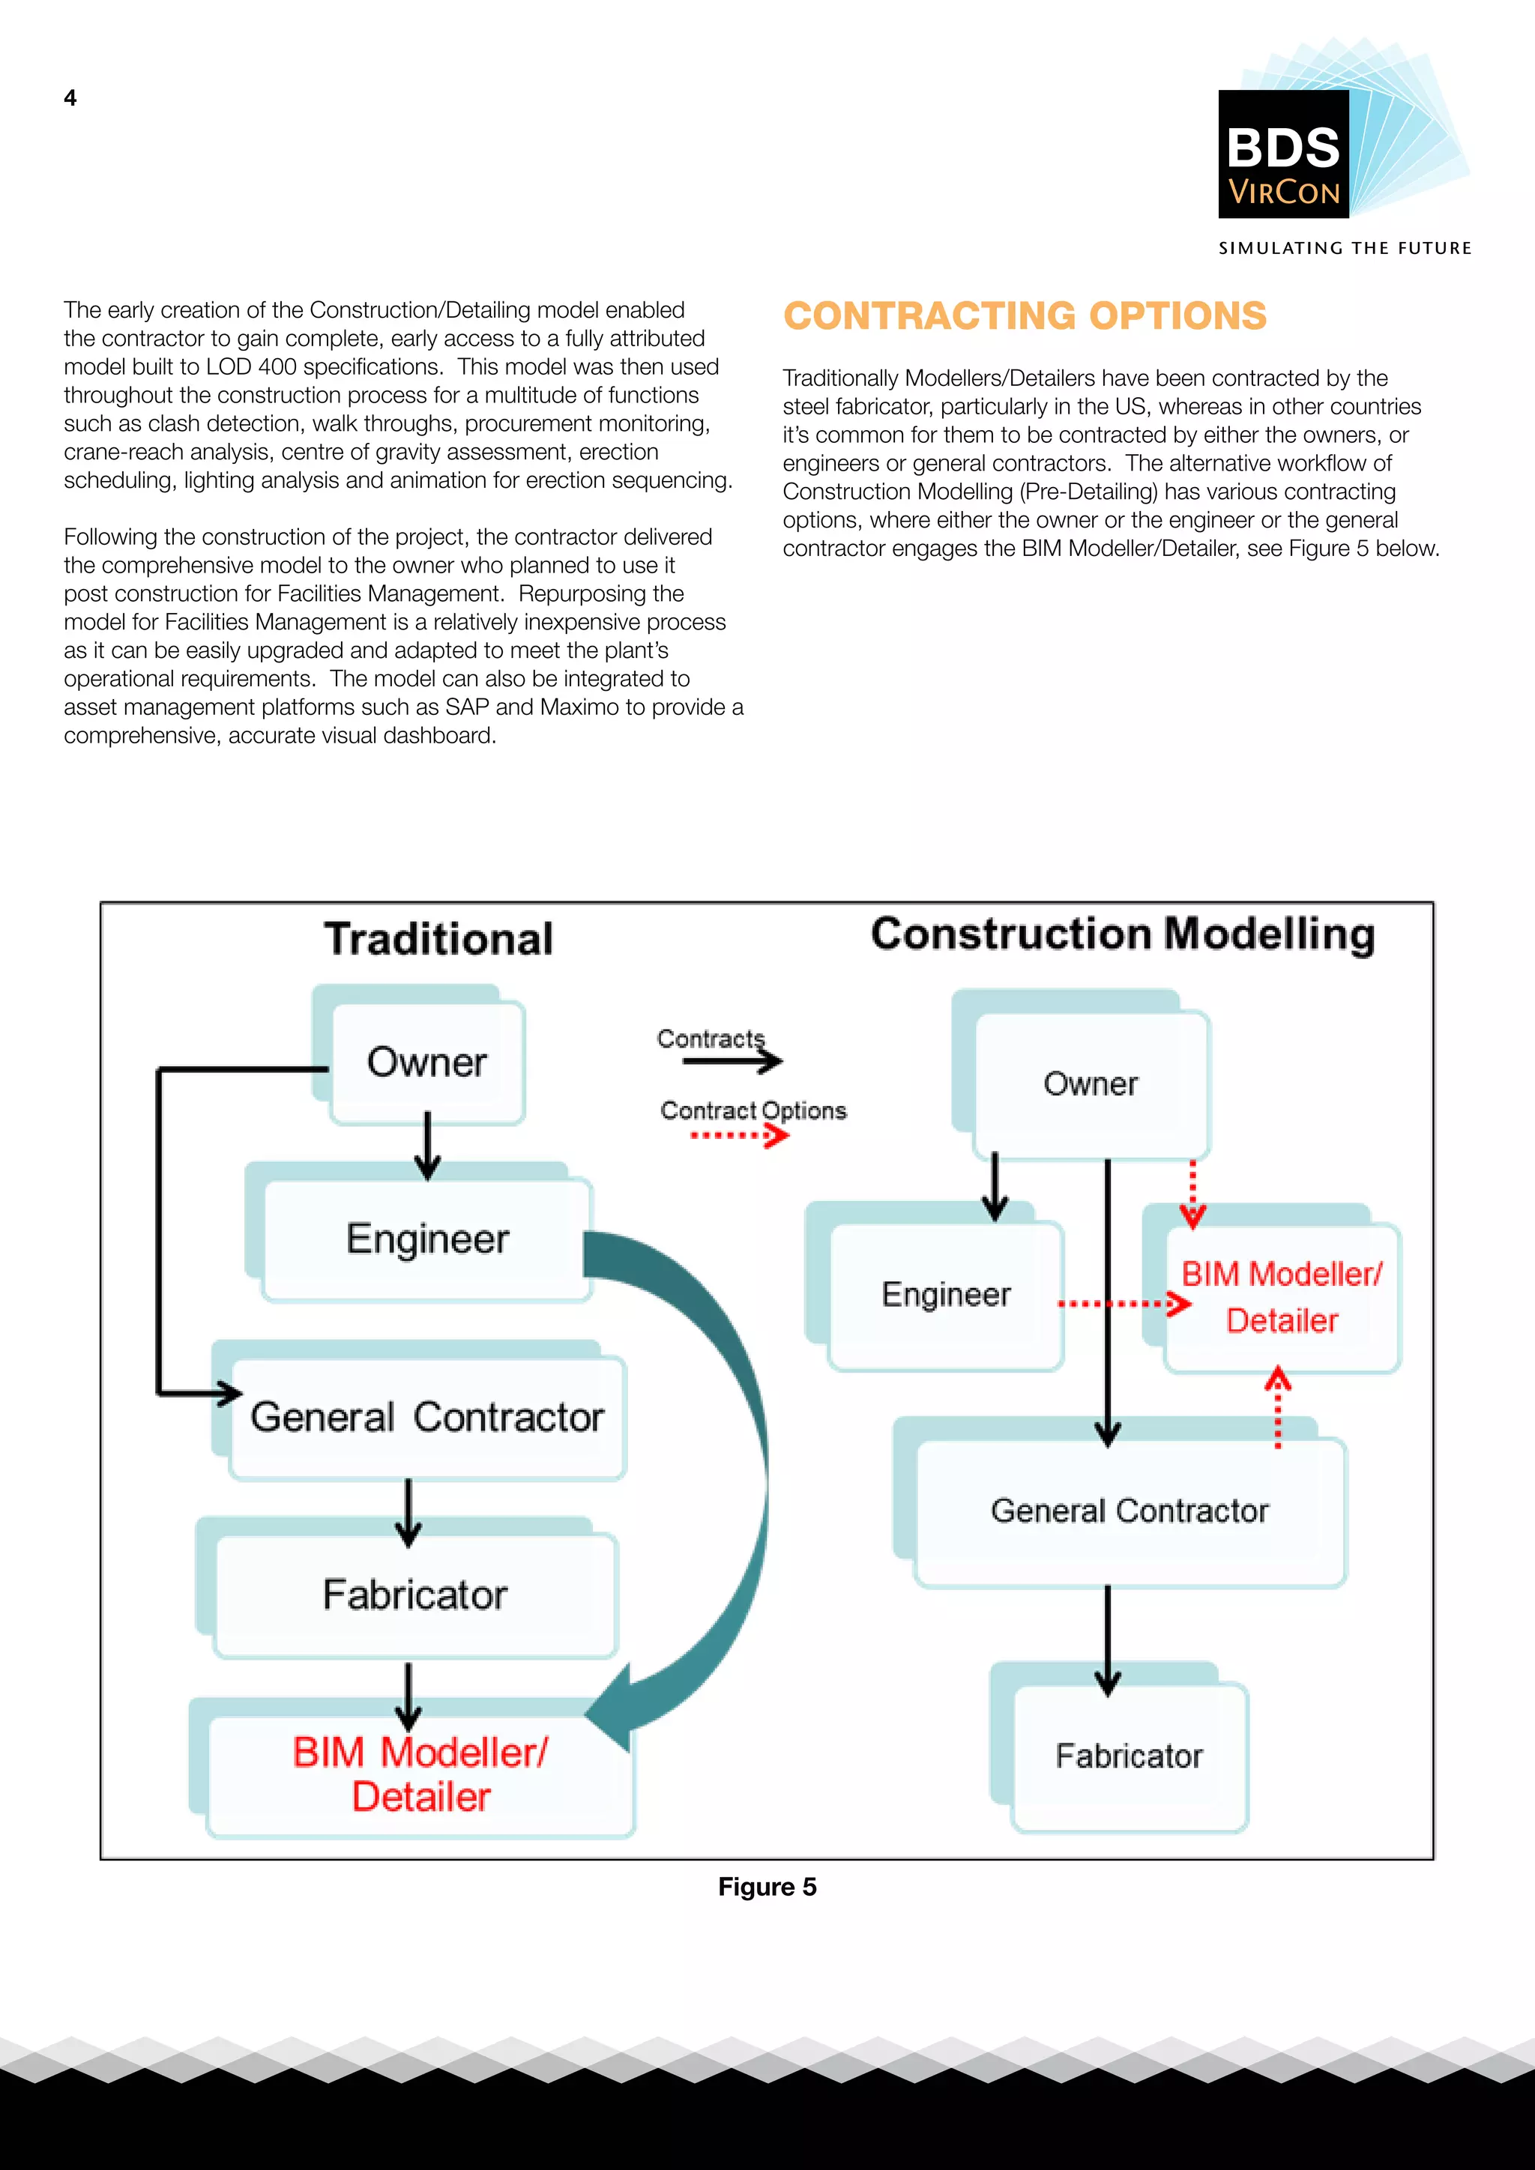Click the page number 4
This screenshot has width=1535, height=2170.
pos(70,98)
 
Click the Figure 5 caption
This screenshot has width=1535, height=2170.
pos(767,1887)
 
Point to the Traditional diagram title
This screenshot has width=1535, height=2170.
pos(438,938)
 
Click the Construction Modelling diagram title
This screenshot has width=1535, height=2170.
pos(1122,934)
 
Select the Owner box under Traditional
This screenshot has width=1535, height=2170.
pos(427,1063)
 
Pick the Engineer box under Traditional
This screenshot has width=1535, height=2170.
pos(427,1239)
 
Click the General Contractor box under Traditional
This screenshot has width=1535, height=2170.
pos(427,1417)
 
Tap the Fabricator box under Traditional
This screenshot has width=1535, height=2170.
pos(416,1595)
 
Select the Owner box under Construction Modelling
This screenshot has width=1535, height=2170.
pos(1091,1083)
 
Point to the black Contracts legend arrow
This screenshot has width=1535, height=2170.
pos(732,1061)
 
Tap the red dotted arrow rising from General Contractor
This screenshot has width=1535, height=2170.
pos(1278,1408)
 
